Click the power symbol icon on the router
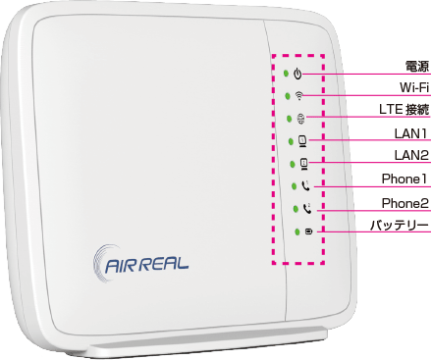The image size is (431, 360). click(297, 74)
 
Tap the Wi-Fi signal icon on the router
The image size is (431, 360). click(298, 95)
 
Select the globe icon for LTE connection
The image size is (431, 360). click(300, 119)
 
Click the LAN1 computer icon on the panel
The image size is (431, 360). click(302, 140)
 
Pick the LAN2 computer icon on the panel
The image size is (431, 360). click(304, 164)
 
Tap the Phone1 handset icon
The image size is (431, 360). click(305, 186)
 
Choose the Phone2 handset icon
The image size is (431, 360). click(307, 208)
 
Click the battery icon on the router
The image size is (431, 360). click(308, 231)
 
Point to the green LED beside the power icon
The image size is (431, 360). click(286, 74)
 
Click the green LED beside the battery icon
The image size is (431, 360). click(297, 231)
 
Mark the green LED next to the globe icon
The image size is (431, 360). click(289, 119)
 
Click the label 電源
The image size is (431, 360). click(416, 67)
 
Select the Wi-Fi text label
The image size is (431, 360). click(414, 87)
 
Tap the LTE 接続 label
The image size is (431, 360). click(404, 110)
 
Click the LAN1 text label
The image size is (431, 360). click(410, 133)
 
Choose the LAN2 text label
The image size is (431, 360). click(411, 155)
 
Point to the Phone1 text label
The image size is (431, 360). click(404, 179)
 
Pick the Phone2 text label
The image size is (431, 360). click(405, 203)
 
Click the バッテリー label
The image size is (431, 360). click(400, 226)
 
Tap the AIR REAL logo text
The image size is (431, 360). click(147, 264)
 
